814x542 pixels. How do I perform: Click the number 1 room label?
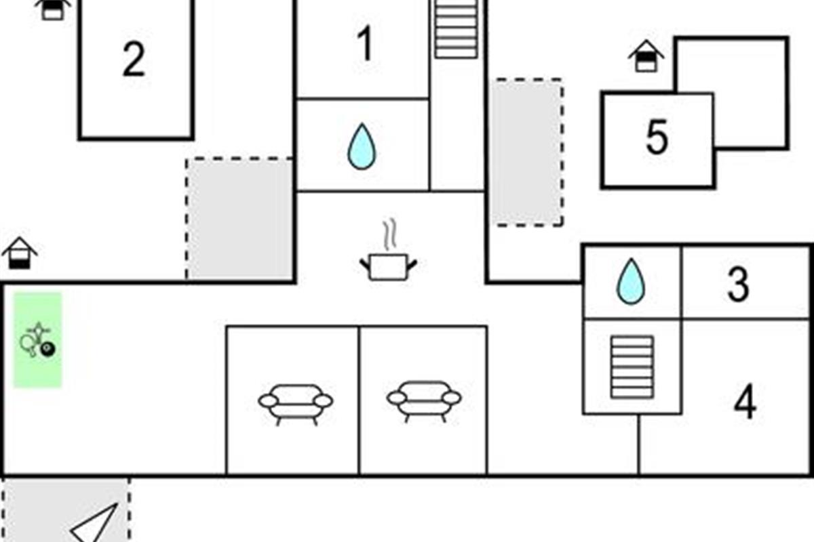(365, 45)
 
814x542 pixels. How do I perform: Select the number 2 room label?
(134, 60)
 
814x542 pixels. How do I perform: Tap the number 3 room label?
(738, 285)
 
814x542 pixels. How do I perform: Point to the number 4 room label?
(745, 403)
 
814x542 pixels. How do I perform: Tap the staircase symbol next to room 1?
(456, 29)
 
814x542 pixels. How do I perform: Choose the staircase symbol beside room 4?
(632, 367)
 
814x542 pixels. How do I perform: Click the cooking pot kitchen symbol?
(388, 266)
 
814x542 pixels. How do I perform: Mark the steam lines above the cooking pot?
(389, 234)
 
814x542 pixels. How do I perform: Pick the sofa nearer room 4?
(424, 400)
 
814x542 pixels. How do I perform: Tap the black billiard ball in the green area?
(48, 350)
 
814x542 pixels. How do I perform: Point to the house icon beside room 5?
(646, 56)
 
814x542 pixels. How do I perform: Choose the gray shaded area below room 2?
(239, 218)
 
